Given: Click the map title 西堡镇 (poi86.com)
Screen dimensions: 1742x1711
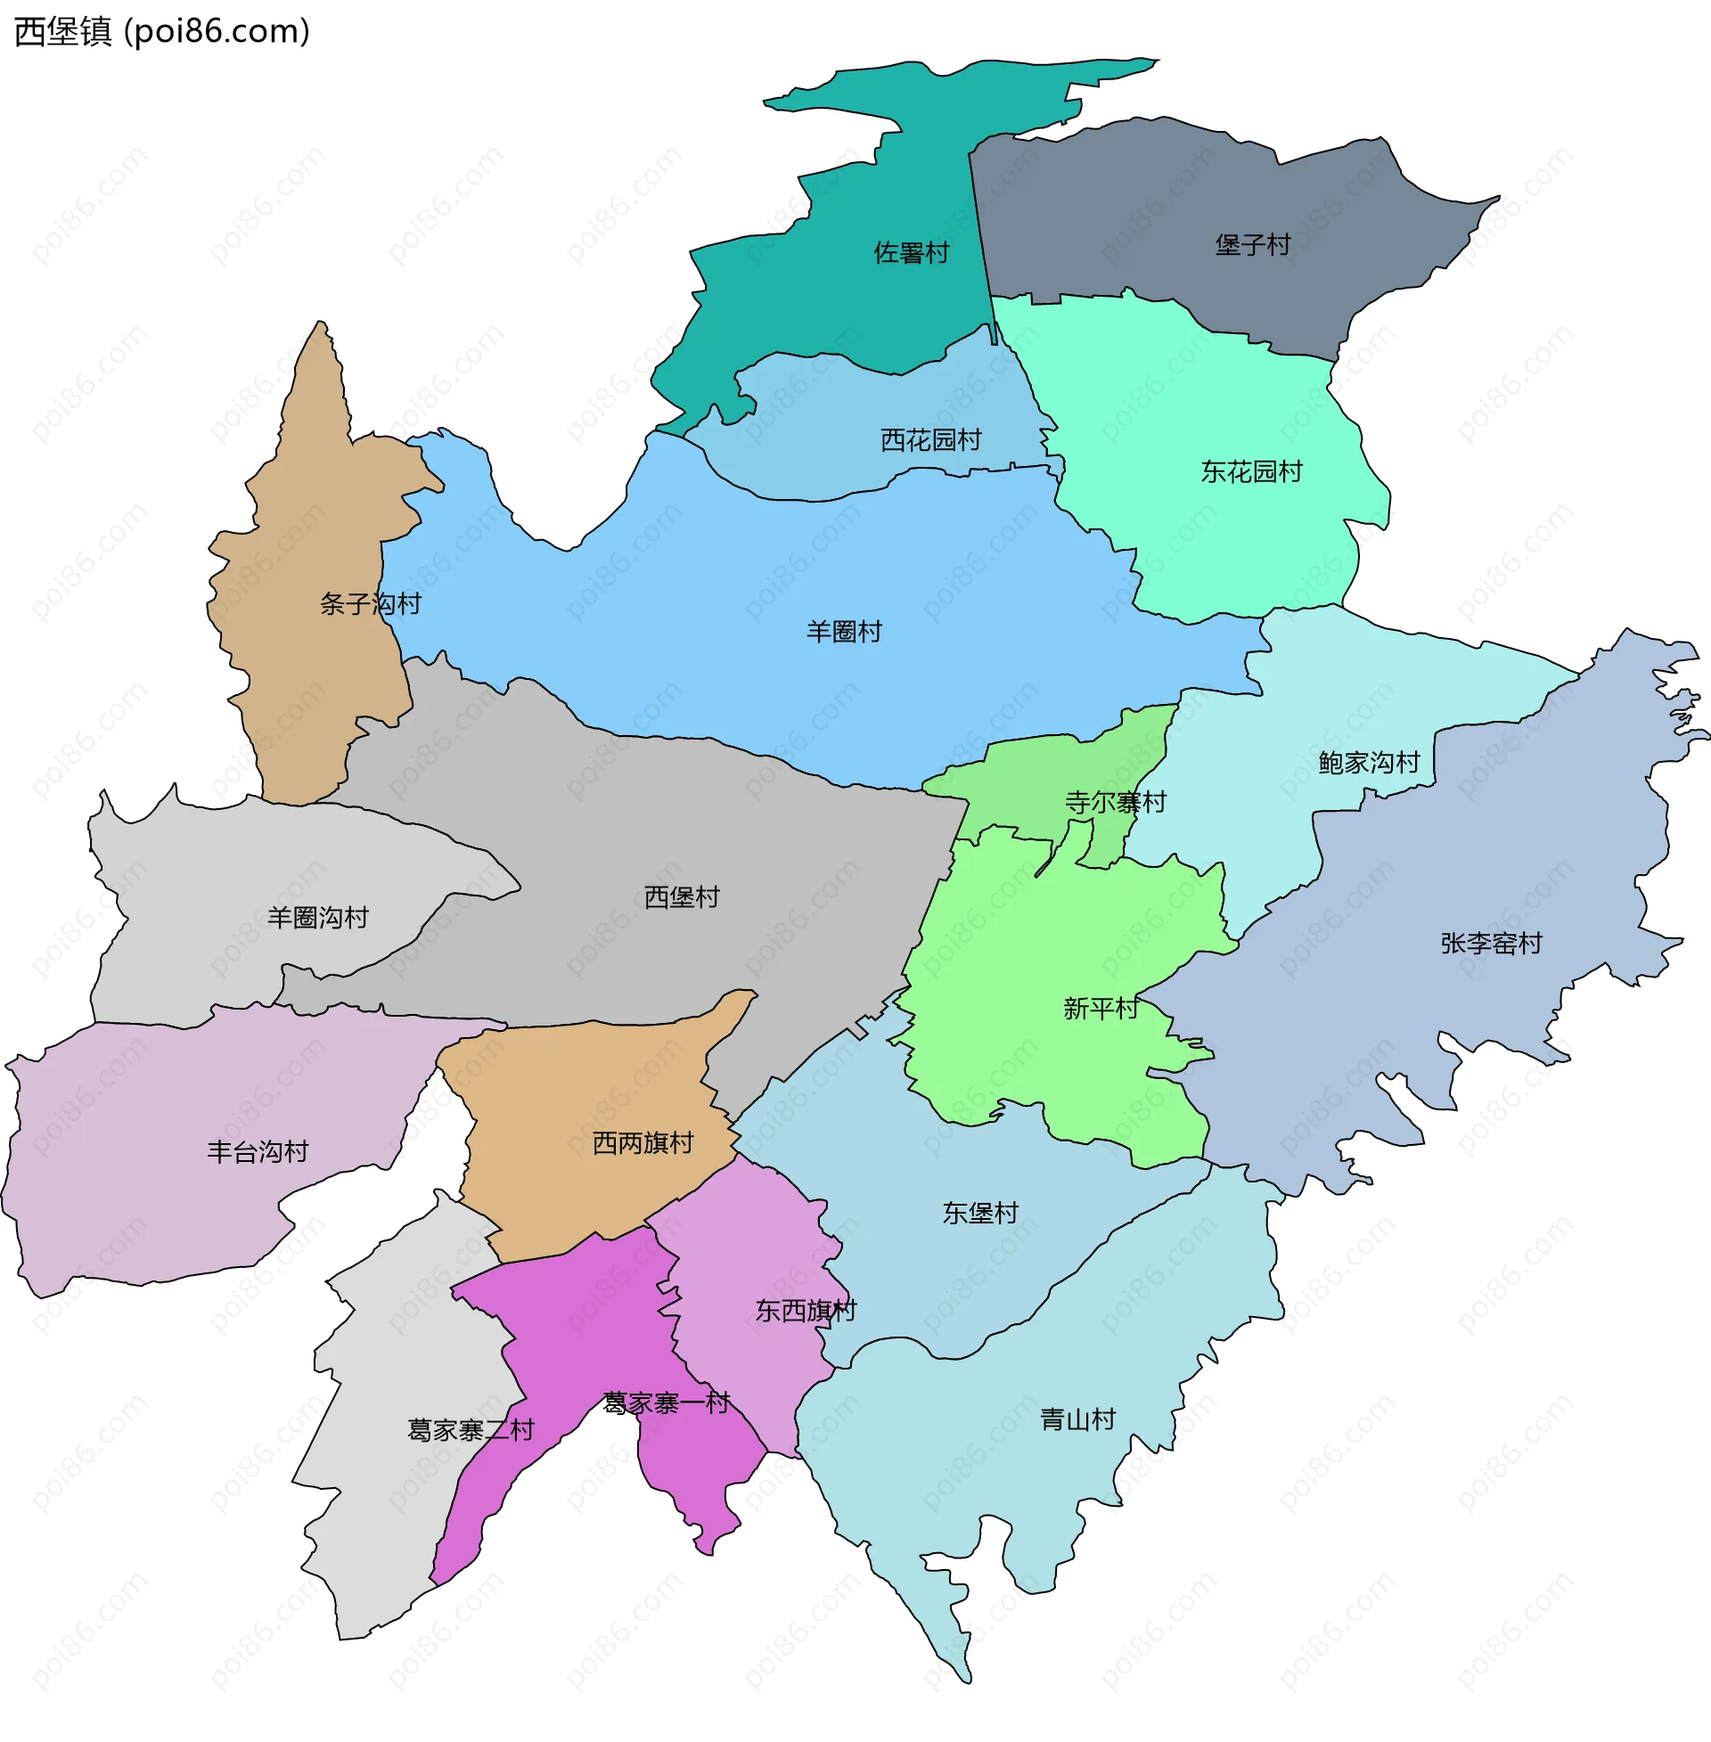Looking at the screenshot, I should [162, 31].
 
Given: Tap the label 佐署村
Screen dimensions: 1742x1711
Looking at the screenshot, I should [912, 252].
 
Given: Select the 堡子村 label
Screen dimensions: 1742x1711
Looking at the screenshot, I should [1253, 244].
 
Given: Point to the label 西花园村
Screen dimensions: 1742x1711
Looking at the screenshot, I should [931, 440].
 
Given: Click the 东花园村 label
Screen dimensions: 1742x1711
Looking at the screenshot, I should [1252, 471].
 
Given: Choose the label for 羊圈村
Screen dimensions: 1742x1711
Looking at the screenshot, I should [844, 632].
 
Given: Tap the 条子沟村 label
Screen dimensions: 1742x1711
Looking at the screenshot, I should [370, 604].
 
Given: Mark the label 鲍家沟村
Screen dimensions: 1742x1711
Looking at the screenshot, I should [1369, 763].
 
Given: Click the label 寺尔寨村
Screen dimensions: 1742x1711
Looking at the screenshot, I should [1115, 802].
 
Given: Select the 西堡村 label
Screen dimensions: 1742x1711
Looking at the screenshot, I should [682, 896].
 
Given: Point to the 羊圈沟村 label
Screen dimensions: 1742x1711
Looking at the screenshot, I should [318, 917].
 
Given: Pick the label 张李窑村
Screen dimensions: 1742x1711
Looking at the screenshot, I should [1491, 944].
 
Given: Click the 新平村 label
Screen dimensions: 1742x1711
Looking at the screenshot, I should [1101, 1009].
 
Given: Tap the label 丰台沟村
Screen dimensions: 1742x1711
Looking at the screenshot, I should [258, 1152].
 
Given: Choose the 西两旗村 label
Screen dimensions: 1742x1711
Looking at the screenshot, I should [643, 1142].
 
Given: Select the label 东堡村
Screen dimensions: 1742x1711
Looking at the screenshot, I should [980, 1213].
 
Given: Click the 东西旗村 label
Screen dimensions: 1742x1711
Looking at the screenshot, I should [806, 1311].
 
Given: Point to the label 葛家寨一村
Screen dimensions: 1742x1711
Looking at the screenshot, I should [667, 1403].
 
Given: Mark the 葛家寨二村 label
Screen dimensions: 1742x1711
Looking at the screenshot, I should [471, 1430].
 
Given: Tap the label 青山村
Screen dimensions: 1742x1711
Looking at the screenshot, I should [1077, 1419].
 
